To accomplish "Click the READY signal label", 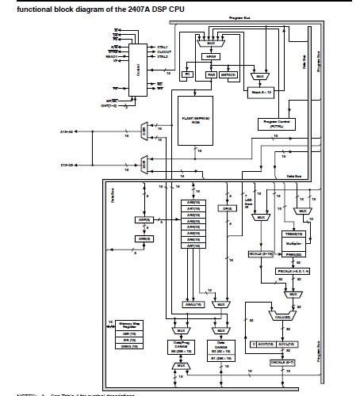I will (113, 56).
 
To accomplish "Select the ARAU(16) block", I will (193, 303).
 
